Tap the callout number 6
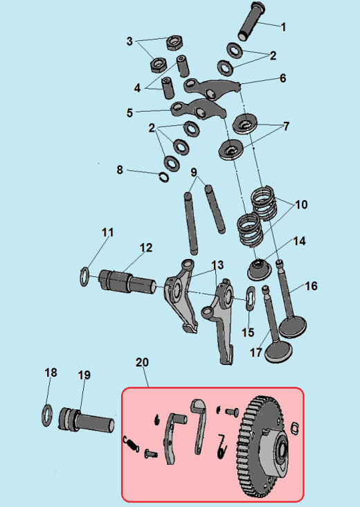point(282,78)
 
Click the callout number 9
point(194,172)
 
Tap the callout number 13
point(217,265)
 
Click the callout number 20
point(142,362)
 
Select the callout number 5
point(129,112)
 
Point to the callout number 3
point(129,42)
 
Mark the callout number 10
point(301,205)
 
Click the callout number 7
point(286,127)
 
